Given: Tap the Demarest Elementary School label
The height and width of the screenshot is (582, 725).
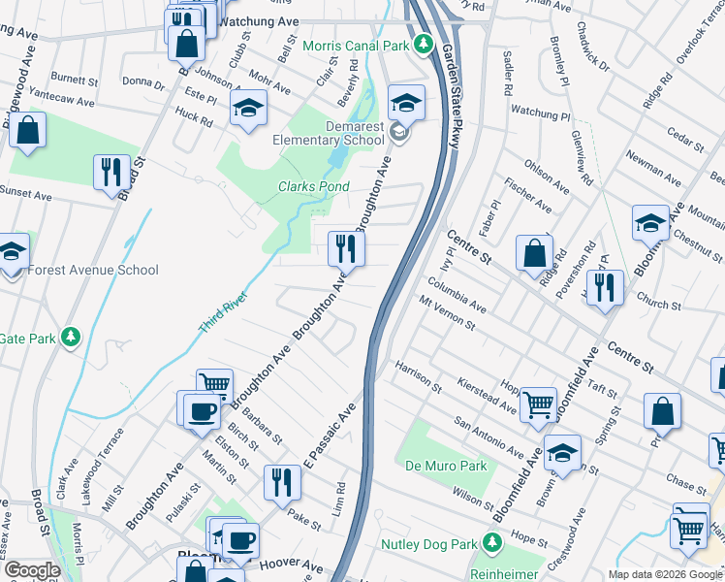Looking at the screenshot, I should tap(329, 140).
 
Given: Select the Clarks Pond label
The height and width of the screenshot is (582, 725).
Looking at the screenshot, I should tap(314, 186).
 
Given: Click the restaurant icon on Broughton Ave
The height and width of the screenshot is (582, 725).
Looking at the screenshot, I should tap(344, 249).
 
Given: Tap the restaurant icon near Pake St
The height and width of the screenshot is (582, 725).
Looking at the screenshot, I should tap(282, 482).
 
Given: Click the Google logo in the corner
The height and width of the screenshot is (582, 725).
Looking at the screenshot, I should tap(32, 570).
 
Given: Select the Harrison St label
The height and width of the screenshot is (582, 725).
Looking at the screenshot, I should tap(418, 378).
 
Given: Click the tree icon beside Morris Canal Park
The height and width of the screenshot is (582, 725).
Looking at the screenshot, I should tap(423, 45).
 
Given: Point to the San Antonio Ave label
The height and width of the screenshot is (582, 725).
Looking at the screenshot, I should tap(490, 437).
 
